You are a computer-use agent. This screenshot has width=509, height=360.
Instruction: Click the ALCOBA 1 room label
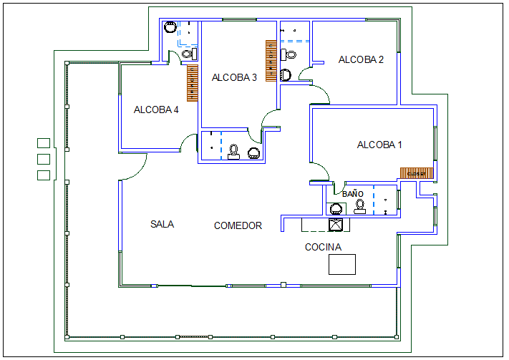(x=379, y=145)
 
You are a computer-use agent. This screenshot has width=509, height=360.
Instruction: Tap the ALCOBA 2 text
(x=361, y=60)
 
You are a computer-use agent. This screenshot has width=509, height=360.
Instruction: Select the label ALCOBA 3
(x=234, y=78)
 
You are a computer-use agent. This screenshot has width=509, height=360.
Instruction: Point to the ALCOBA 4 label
(x=156, y=110)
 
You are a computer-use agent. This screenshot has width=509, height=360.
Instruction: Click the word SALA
(x=162, y=224)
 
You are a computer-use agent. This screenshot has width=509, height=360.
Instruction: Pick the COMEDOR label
(x=238, y=226)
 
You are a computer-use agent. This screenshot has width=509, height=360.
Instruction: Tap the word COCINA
(x=323, y=248)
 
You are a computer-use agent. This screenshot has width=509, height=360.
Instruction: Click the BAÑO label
(x=352, y=194)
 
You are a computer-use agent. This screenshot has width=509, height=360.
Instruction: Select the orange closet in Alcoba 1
(x=417, y=172)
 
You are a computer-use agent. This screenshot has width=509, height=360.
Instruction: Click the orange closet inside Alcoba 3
(x=271, y=60)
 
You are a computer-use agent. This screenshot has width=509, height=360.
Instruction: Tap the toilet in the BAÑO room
(x=359, y=206)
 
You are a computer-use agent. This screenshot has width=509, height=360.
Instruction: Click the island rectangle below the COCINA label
(x=342, y=264)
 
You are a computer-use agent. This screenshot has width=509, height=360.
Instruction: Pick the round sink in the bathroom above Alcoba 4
(x=170, y=27)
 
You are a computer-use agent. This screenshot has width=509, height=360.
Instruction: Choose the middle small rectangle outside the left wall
(x=43, y=158)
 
